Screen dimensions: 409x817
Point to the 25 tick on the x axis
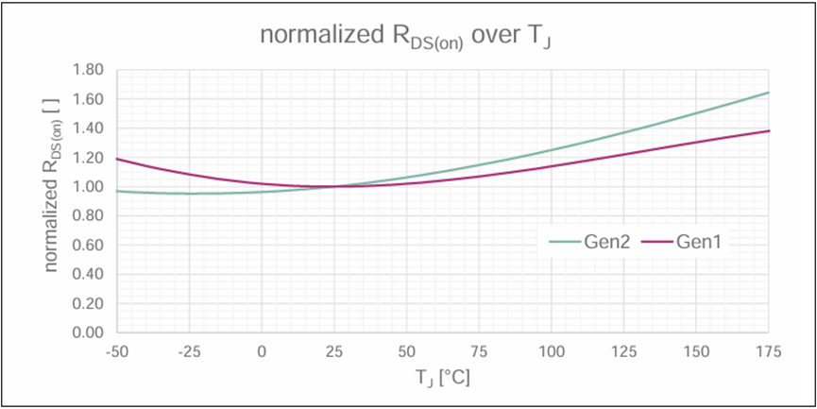[x=334, y=351]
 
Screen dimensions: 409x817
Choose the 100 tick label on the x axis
[x=552, y=351]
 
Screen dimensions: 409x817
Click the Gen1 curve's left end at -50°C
[x=116, y=159]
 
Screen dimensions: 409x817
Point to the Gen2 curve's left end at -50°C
[x=116, y=191]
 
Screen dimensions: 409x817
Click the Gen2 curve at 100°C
[x=552, y=150]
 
